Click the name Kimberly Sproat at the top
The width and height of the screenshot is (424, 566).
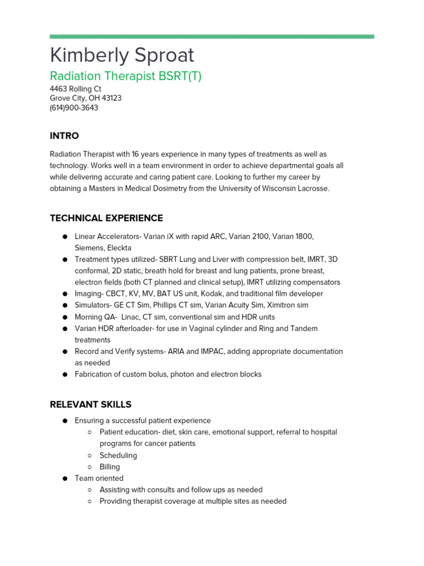[x=121, y=55]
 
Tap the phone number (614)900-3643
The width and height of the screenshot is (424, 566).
[x=74, y=108]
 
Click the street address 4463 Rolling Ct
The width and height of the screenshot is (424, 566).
[x=76, y=88]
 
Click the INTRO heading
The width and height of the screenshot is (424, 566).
[x=64, y=136]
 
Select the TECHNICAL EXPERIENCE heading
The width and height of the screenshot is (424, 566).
[x=106, y=218]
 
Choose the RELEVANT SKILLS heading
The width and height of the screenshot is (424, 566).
[x=91, y=405]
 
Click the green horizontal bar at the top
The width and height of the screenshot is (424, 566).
[x=211, y=36]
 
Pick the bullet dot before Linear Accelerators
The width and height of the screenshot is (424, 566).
[x=65, y=237]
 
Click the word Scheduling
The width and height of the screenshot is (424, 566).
[x=118, y=455]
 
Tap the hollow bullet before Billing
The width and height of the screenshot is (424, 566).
[x=89, y=467]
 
